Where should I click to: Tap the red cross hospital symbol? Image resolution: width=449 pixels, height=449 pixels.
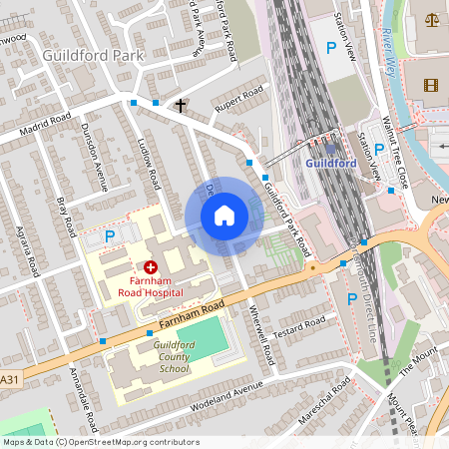tap(151, 266)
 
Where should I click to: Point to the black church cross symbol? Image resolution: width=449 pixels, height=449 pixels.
tap(182, 105)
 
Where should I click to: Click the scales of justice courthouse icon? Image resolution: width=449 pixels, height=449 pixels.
tap(432, 19)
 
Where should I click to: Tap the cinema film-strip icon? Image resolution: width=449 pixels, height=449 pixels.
tap(430, 85)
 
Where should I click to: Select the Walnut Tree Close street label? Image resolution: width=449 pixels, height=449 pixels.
tap(401, 151)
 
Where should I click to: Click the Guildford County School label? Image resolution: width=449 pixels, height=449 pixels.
tap(160, 355)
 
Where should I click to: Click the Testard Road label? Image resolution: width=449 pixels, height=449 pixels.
tap(300, 328)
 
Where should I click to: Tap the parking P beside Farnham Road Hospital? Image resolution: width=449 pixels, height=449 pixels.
tap(111, 235)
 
